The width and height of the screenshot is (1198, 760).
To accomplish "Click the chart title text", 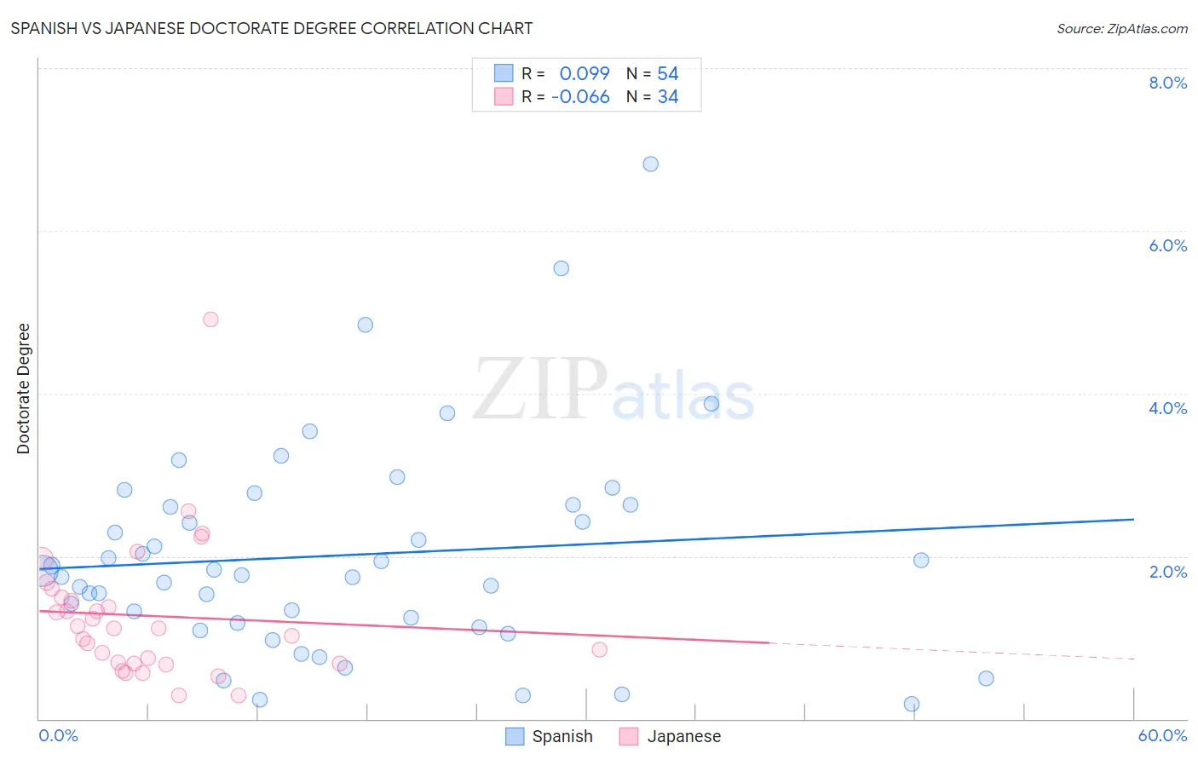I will coord(272,28).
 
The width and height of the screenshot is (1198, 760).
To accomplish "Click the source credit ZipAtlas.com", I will coord(1121,28).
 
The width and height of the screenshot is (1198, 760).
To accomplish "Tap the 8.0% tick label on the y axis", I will coord(1167,83).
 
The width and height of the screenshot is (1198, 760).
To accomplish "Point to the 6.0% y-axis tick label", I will coord(1167,245).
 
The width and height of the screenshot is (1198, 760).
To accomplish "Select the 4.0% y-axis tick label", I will coord(1167,408).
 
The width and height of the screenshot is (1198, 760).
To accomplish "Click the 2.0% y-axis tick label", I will coord(1167,572).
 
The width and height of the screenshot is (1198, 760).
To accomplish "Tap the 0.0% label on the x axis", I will coord(58,735).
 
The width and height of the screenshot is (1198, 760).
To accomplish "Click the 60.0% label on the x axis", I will coord(1161,735).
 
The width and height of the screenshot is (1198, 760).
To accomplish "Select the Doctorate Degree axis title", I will coord(24,389).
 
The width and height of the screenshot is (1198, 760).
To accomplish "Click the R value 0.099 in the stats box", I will coord(585,74).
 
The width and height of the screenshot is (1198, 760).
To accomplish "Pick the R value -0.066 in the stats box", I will coord(580,97).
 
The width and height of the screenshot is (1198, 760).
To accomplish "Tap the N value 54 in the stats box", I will coord(668,74).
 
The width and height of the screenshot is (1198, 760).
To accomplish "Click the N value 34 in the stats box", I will coord(668,97).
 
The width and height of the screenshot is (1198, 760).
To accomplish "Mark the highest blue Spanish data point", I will coord(651,164).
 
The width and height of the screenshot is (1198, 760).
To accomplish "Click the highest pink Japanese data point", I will coord(210,320).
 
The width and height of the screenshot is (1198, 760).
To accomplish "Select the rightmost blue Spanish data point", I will coord(986,678).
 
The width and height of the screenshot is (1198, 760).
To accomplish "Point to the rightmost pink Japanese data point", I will coord(599,649).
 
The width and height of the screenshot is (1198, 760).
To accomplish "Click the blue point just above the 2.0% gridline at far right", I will coord(921,560).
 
